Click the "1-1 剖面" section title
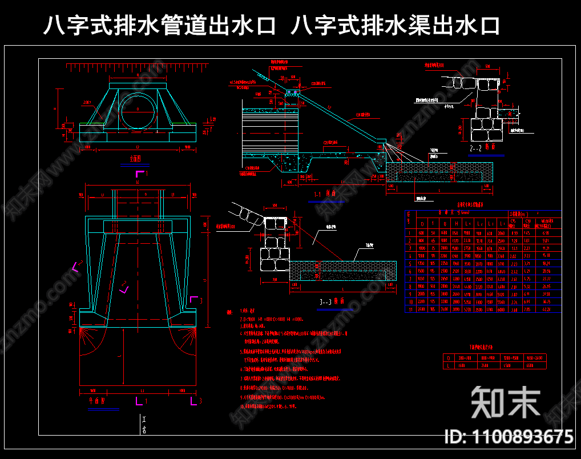click(x=328, y=195)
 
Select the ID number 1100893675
click(x=509, y=437)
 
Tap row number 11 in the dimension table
click(x=409, y=309)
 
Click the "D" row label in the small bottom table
click(x=449, y=357)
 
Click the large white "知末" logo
click(x=506, y=402)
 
